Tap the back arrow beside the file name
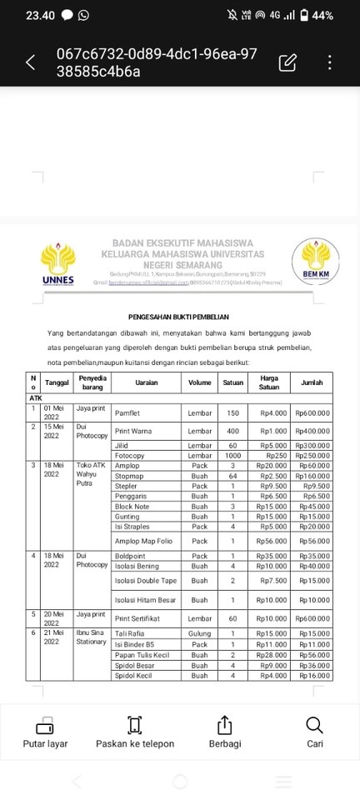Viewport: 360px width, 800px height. pyautogui.click(x=31, y=62)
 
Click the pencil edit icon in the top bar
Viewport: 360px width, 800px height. pyautogui.click(x=287, y=62)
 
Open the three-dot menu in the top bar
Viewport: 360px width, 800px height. pyautogui.click(x=331, y=62)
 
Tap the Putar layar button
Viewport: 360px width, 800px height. pyautogui.click(x=45, y=732)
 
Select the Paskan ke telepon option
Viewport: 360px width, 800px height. pyautogui.click(x=135, y=732)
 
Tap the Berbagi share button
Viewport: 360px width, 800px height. pyautogui.click(x=224, y=732)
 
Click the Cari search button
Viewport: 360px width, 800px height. pyautogui.click(x=314, y=732)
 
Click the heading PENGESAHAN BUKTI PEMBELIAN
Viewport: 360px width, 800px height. pyautogui.click(x=180, y=317)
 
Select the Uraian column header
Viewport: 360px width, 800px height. pyautogui.click(x=147, y=382)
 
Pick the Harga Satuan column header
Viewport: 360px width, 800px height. pyautogui.click(x=268, y=382)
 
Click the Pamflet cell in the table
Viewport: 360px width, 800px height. pyautogui.click(x=127, y=412)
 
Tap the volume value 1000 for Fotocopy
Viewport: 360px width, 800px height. pyautogui.click(x=232, y=455)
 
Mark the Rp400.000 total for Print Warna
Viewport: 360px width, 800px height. pyautogui.click(x=311, y=431)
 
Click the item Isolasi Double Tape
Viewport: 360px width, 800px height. pyautogui.click(x=146, y=580)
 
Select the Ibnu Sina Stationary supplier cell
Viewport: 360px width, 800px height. pyautogui.click(x=92, y=638)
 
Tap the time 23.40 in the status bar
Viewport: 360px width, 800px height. pyautogui.click(x=40, y=15)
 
